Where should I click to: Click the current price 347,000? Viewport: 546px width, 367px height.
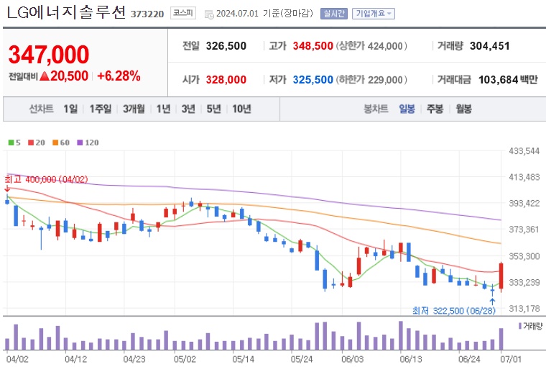tap(49, 54)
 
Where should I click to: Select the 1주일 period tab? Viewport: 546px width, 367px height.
tap(101, 109)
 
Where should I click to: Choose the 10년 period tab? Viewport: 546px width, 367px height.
tap(241, 109)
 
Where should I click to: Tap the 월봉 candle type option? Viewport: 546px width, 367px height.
tap(463, 109)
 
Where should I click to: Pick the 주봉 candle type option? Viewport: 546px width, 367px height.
tap(435, 109)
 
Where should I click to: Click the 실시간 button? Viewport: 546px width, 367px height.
tap(334, 14)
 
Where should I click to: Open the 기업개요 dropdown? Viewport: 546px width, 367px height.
tap(374, 14)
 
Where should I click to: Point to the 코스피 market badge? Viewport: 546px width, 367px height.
tap(181, 14)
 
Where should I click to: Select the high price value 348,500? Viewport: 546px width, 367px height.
tap(313, 46)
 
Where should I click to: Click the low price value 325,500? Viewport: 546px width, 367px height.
tap(313, 79)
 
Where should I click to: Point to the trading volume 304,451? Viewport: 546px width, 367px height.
tap(489, 46)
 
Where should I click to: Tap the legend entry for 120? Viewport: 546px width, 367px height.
tap(88, 142)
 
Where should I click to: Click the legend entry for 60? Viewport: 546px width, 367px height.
tap(62, 142)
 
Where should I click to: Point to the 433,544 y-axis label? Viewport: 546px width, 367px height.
tap(524, 151)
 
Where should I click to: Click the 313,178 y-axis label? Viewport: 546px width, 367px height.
tap(524, 309)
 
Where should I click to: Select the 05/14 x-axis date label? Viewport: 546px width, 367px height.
tap(244, 358)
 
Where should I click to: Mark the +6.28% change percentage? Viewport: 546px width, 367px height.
tap(119, 76)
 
